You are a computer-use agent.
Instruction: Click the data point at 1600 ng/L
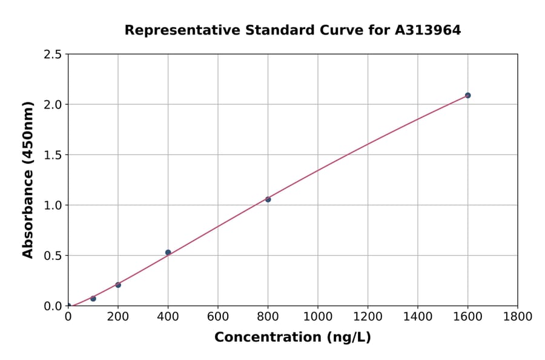(467, 95)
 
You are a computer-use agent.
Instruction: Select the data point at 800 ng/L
(268, 199)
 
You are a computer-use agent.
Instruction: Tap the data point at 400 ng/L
(168, 252)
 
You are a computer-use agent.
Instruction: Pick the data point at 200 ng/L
(118, 285)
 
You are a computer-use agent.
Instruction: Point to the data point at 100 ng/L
(93, 298)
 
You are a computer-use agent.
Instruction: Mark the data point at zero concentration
(68, 306)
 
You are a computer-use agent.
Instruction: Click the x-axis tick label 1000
(318, 316)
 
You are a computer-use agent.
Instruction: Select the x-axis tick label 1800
(518, 316)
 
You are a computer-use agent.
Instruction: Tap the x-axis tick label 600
(218, 316)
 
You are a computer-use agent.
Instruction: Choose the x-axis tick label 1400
(418, 316)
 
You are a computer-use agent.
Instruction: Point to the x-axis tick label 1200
(368, 316)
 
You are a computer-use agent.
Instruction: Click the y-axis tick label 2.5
(53, 55)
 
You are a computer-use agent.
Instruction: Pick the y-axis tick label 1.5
(53, 155)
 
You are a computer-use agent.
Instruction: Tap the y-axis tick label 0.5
(53, 256)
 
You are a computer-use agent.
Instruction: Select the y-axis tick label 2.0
(53, 105)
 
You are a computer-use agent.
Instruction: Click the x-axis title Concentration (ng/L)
(292, 338)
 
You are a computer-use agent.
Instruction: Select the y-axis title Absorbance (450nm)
(28, 180)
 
